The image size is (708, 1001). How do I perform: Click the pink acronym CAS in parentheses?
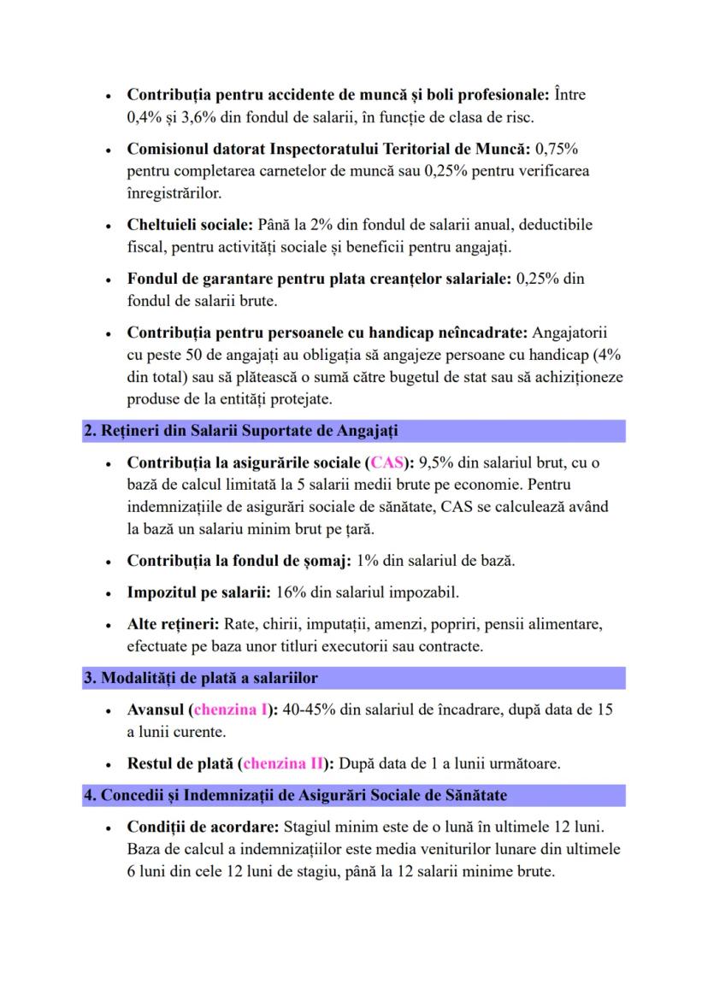(x=386, y=464)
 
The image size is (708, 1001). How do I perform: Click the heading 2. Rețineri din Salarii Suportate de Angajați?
(x=240, y=432)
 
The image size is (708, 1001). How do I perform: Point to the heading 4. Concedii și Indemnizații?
(x=295, y=796)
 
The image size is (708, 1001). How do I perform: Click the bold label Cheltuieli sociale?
(x=190, y=225)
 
